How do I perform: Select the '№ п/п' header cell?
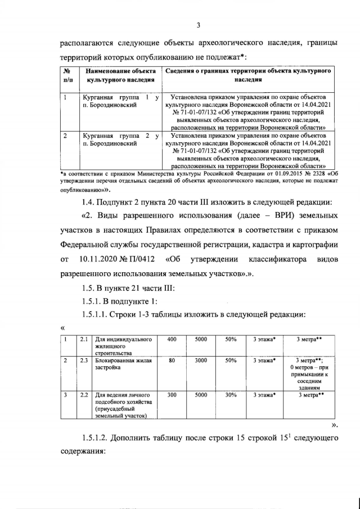(67, 75)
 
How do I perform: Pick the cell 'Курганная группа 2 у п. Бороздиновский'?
(118, 139)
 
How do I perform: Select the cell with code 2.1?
(83, 339)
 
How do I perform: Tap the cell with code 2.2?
(83, 395)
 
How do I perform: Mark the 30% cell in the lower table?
(231, 395)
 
